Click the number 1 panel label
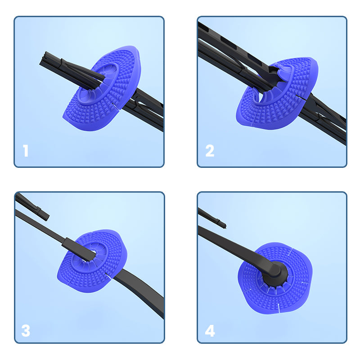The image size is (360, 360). click(x=26, y=151)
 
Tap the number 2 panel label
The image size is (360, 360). click(x=210, y=151)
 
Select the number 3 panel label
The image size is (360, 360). click(x=26, y=331)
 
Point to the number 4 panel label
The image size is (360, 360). click(x=210, y=331)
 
